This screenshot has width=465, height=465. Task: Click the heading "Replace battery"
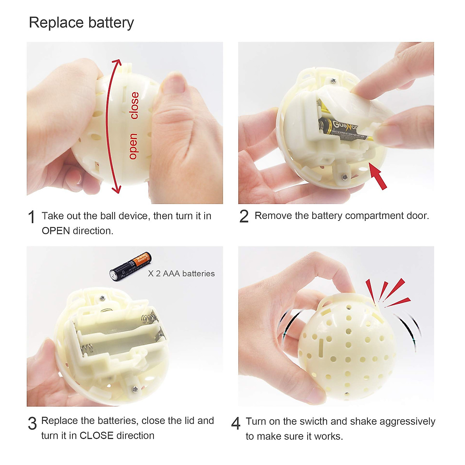coord(81,23)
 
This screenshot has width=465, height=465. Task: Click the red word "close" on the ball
coord(134,105)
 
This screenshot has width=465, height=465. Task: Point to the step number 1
coord(32,217)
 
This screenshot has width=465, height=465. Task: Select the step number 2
coord(244,216)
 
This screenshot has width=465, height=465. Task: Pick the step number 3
coord(32,423)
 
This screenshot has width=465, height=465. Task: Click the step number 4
coord(236,423)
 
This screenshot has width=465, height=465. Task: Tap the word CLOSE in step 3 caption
coord(96,436)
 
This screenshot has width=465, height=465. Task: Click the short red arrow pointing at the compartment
coord(378,177)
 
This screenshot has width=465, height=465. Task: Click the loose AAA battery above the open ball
coord(130,267)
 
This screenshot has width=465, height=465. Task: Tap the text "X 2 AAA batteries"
coord(181,274)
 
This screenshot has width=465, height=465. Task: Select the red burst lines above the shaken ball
coord(387,293)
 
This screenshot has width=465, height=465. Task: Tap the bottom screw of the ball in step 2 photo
coord(344,177)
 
